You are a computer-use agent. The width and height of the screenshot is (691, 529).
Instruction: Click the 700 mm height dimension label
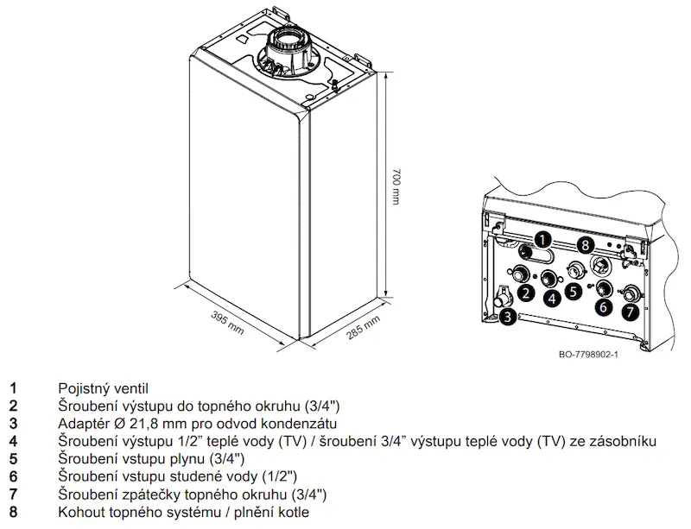(x=396, y=186)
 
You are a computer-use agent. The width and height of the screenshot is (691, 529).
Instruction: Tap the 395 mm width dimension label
(x=227, y=323)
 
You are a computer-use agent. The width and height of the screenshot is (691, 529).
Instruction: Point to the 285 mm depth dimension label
(x=363, y=328)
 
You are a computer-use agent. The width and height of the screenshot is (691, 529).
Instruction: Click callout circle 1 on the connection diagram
(x=542, y=240)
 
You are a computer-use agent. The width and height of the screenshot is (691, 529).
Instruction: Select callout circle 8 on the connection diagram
(x=586, y=244)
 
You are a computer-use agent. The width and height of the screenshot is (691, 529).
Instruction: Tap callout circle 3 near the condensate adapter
(x=508, y=316)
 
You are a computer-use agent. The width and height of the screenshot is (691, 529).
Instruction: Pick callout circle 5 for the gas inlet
(x=573, y=291)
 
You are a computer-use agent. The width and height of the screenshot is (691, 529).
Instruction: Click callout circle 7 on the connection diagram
(x=631, y=312)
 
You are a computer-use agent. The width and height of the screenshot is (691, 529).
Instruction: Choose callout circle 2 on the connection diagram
(x=526, y=293)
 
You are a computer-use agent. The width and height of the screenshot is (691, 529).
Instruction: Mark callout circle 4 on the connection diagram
(x=553, y=299)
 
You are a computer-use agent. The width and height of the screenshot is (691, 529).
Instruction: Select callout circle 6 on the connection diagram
(x=603, y=306)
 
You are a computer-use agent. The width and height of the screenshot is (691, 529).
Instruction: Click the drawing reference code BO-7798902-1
(x=588, y=355)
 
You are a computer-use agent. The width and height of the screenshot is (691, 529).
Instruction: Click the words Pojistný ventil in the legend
(x=103, y=389)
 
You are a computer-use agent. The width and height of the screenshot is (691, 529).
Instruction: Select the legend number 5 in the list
(x=13, y=459)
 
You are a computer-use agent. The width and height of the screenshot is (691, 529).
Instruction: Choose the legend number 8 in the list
(x=13, y=513)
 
